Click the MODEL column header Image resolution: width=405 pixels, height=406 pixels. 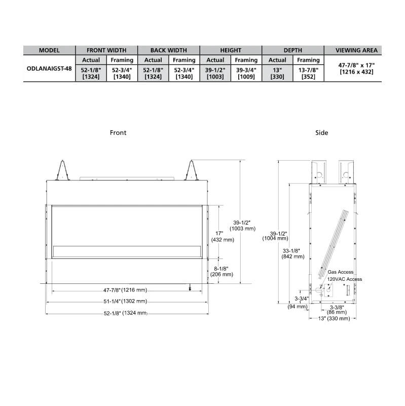(x=49, y=50)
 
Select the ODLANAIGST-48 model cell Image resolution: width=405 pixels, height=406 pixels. (x=49, y=68)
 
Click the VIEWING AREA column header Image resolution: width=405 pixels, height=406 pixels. (x=357, y=50)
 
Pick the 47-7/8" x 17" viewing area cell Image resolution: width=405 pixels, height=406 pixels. (x=357, y=68)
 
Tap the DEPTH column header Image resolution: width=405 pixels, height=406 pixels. (x=292, y=50)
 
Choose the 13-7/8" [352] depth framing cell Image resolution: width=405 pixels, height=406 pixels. (x=308, y=73)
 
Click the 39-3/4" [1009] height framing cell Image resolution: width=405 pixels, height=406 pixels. (x=246, y=73)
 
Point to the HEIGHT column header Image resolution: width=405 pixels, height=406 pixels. (x=231, y=50)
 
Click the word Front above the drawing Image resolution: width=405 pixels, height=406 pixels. (x=118, y=133)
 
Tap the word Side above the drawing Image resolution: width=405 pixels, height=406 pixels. (x=321, y=133)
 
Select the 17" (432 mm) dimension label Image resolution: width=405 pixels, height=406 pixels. (x=222, y=236)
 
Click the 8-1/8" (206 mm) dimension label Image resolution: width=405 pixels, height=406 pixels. (x=222, y=271)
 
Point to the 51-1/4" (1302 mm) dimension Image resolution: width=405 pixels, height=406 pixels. (x=126, y=301)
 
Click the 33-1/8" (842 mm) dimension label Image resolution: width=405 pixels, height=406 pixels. (x=292, y=253)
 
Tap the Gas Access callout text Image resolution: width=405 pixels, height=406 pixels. (x=341, y=272)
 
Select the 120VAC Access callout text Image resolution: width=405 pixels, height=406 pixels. (x=345, y=279)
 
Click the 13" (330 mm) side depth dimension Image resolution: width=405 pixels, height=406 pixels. (x=332, y=319)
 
